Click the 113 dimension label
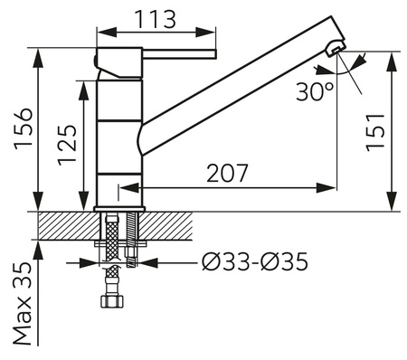click(155, 20)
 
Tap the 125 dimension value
click(67, 145)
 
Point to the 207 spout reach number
click(227, 173)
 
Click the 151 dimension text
click(375, 133)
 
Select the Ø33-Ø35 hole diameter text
click(255, 261)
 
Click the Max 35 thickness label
click(23, 304)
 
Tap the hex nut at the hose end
click(112, 301)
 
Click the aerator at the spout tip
click(336, 48)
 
